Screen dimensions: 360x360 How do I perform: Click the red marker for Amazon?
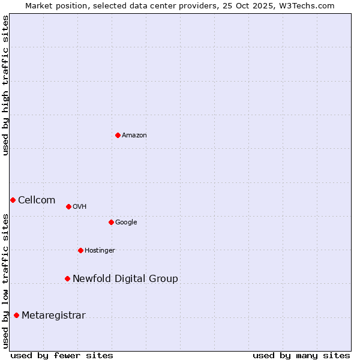pos(118,135)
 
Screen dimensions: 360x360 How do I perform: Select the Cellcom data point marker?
pos(13,200)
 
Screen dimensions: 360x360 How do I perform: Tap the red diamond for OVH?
pos(68,206)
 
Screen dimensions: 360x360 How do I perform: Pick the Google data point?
pos(111,222)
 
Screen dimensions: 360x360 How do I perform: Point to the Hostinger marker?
pos(80,250)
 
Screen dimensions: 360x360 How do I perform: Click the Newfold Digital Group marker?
pos(67,278)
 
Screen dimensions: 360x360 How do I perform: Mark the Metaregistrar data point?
pos(16,315)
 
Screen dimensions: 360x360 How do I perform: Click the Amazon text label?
pos(134,136)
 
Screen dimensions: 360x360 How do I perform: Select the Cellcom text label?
pos(37,200)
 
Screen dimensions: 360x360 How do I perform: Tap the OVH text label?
pos(80,207)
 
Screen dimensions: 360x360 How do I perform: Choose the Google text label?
pos(126,223)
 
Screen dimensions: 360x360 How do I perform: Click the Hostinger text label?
pos(100,251)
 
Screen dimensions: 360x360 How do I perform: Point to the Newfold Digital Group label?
pos(125,279)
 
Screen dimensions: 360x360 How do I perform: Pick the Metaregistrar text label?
pos(53,316)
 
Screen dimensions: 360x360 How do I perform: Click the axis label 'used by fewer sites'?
pos(62,355)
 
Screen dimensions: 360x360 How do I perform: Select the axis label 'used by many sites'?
pos(301,355)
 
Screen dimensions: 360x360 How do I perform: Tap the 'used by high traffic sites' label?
pos(6,85)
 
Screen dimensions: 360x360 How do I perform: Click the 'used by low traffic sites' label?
pos(6,281)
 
